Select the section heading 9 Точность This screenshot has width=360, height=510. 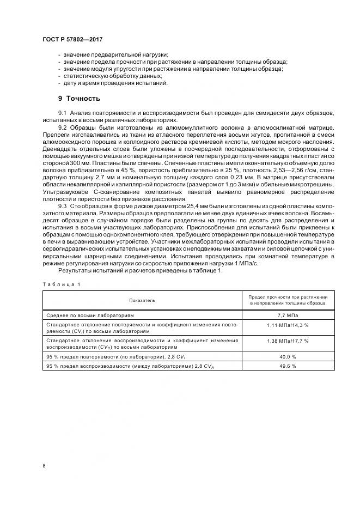[x=79, y=99]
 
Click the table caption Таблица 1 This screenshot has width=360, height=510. [x=61, y=284]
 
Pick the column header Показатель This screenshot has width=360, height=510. [x=142, y=300]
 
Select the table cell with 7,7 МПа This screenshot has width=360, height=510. [x=288, y=315]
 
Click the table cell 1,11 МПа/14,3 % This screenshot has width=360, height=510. [x=288, y=325]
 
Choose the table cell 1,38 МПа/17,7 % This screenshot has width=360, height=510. [x=288, y=341]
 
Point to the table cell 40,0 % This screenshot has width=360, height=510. [x=288, y=356]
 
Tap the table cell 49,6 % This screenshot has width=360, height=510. [x=288, y=366]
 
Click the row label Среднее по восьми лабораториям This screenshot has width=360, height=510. [x=87, y=315]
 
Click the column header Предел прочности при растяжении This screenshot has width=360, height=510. [x=288, y=297]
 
